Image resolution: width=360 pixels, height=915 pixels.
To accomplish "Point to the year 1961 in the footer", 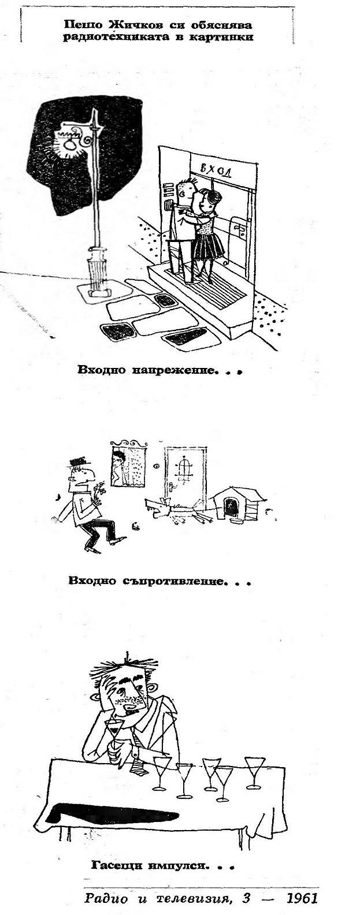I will tap(302, 899).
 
